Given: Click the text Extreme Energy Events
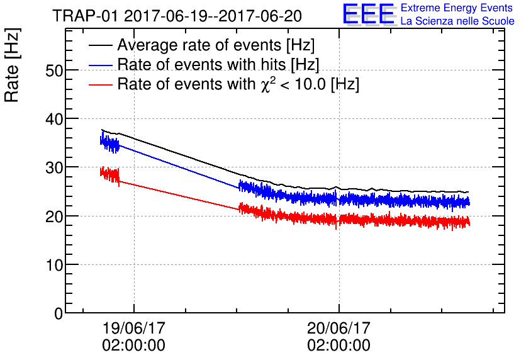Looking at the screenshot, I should pos(457,8).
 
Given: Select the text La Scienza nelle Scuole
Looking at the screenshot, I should pos(457,21).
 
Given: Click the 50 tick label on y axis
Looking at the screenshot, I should pos(55,70).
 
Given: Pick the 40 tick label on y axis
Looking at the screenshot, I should pos(55,119).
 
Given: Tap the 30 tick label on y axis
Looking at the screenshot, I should pos(55,167).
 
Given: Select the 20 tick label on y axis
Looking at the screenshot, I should pos(55,216).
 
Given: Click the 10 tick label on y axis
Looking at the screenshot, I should pos(55,264).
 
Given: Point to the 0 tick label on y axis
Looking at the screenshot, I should pos(59,313).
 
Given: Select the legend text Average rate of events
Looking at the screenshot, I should pos(216,45).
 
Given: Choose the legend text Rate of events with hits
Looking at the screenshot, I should pos(218,65).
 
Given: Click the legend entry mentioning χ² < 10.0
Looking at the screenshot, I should pos(238,84).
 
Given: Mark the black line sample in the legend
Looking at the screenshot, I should pos(100,45).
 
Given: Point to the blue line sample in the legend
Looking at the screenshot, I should pos(100,65).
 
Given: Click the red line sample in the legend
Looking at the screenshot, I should pos(100,84).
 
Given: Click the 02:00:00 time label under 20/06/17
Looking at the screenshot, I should pos(339,346).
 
